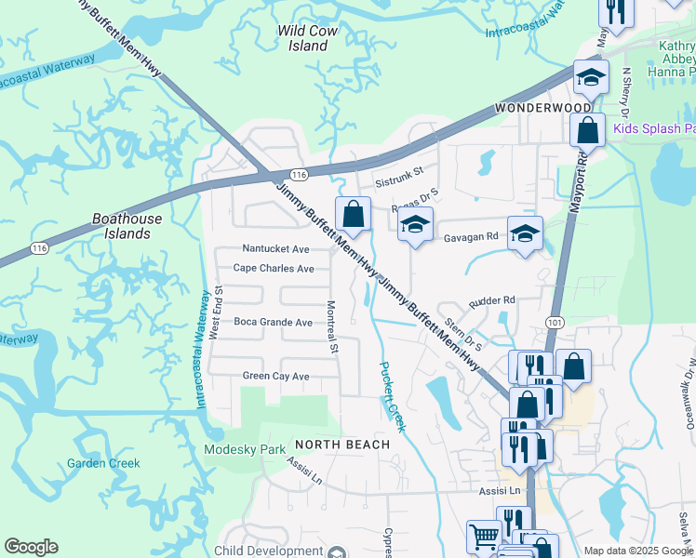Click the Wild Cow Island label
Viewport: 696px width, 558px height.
306,38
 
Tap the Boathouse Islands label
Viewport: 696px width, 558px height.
127,226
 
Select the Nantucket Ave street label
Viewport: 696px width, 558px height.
275,249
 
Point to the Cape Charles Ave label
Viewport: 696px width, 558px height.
274,268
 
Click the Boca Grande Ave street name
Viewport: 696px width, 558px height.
273,322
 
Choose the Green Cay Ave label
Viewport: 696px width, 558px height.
275,376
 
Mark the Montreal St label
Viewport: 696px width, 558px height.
331,326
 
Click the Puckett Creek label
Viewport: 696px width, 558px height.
392,395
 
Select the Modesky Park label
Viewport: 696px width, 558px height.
246,449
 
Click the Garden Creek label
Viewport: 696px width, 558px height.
103,463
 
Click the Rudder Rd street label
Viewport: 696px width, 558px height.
492,300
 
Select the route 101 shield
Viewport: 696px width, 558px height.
555,322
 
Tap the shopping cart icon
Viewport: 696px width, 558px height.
483,536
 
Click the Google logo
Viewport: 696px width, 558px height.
31,547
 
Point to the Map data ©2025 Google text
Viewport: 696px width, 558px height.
637,551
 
